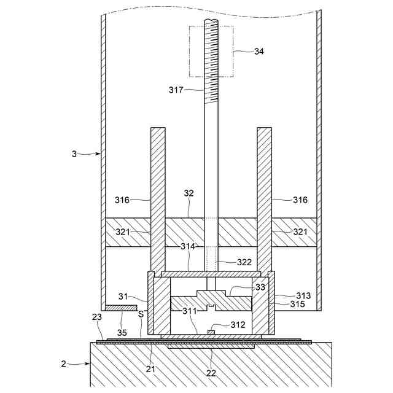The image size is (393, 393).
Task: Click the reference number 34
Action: pos(259,52)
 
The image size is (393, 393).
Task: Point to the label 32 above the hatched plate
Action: pos(189,193)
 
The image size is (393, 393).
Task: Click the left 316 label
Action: pos(123,200)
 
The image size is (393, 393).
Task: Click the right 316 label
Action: pos(299,200)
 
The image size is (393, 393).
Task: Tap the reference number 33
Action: pos(261,286)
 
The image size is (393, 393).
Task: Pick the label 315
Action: pos(297,303)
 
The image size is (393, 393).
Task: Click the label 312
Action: pos(238,324)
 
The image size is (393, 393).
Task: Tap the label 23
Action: pos(97,317)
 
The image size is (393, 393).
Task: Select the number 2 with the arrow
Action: pos(64,364)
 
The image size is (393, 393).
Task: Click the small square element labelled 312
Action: pos(211,333)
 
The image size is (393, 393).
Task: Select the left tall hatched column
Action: pos(158,196)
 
